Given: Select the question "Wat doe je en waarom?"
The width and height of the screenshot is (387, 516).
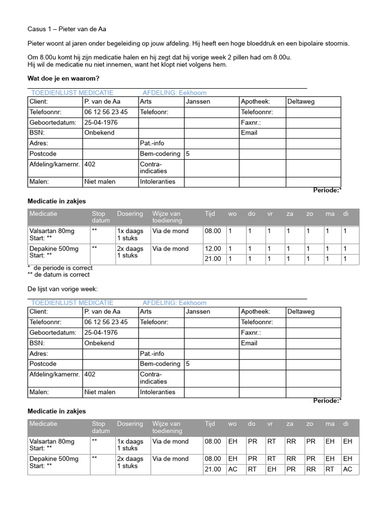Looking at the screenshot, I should pyautogui.click(x=63, y=79).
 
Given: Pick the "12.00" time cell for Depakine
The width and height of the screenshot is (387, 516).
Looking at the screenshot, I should pyautogui.click(x=213, y=249).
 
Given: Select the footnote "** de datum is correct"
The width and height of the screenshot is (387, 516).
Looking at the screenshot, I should pyautogui.click(x=58, y=275).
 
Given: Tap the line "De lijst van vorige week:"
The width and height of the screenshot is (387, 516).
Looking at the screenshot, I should pyautogui.click(x=62, y=289).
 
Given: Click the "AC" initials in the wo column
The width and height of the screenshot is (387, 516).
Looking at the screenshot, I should pyautogui.click(x=233, y=469).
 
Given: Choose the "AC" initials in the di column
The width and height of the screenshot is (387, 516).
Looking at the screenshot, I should pyautogui.click(x=347, y=469).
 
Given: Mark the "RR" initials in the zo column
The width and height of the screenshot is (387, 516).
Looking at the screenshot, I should pyautogui.click(x=311, y=469).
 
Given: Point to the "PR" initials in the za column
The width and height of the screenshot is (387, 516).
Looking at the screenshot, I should pyautogui.click(x=291, y=469).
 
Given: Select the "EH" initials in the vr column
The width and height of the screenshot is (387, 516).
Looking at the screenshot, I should pyautogui.click(x=272, y=469).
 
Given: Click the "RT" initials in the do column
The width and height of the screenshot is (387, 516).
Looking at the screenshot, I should pyautogui.click(x=252, y=469).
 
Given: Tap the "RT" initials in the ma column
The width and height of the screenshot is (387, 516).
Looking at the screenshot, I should pyautogui.click(x=330, y=469).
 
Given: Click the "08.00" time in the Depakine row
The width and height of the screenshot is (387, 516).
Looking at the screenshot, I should pyautogui.click(x=213, y=459).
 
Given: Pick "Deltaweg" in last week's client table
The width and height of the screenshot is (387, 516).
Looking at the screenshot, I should pyautogui.click(x=301, y=312).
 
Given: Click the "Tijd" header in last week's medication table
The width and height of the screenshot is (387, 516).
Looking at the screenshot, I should pyautogui.click(x=210, y=424).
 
